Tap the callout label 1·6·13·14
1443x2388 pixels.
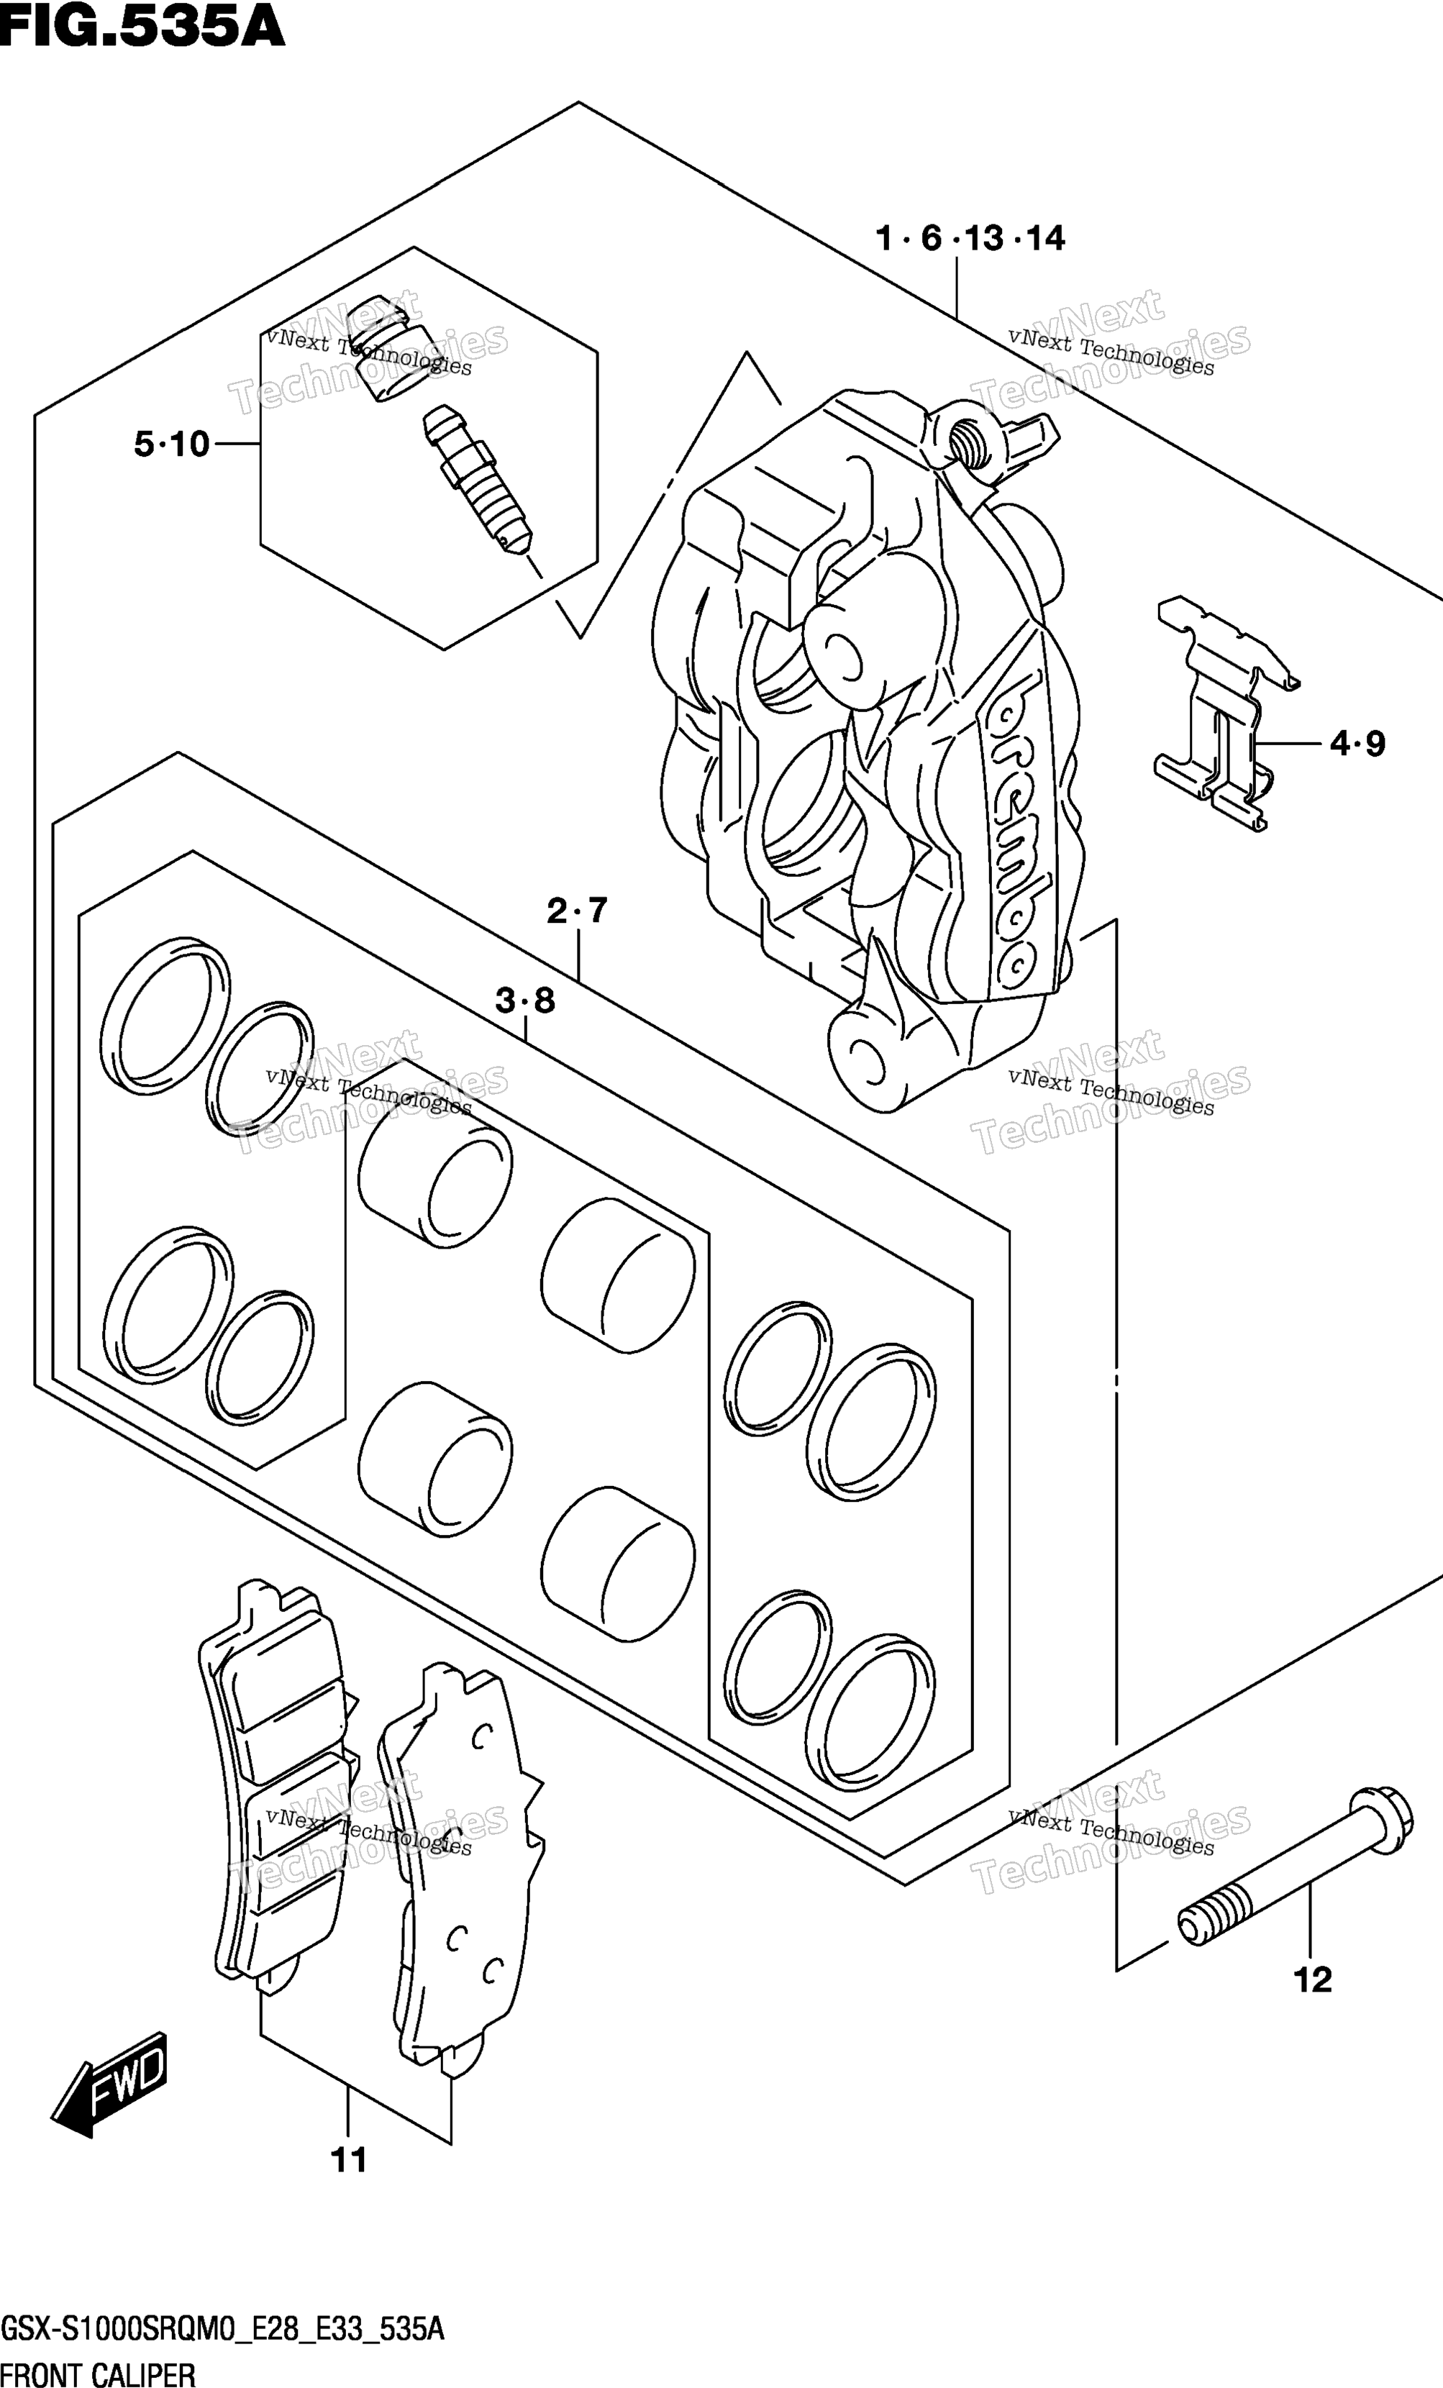click(x=970, y=237)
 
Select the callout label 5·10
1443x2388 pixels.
click(x=171, y=444)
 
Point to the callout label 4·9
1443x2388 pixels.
click(x=1357, y=744)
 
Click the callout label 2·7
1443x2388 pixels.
click(x=577, y=911)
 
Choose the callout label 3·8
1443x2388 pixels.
click(x=525, y=1001)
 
